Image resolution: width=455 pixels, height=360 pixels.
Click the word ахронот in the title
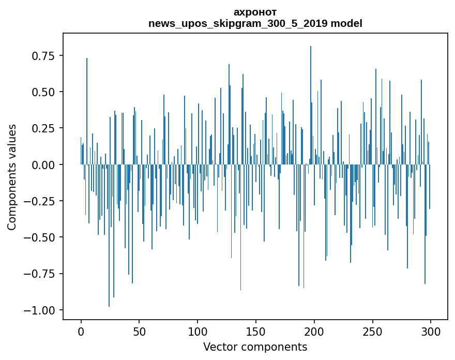(255, 12)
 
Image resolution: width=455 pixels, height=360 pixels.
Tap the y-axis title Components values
(12, 177)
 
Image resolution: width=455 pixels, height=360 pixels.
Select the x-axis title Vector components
(255, 347)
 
